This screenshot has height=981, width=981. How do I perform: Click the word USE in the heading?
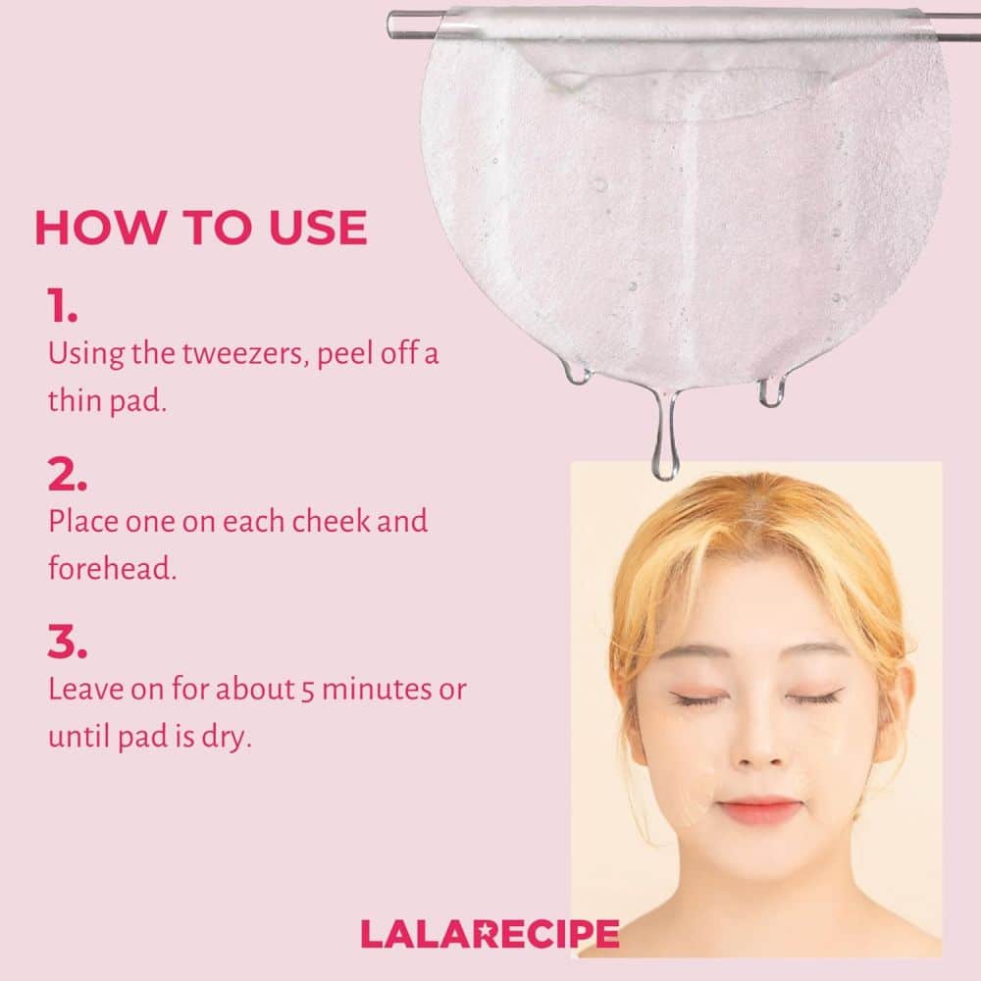coord(318,228)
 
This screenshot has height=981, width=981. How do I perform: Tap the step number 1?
coord(62,305)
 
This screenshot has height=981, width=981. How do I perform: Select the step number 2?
coord(67,474)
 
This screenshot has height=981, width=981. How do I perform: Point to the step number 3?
coord(67,642)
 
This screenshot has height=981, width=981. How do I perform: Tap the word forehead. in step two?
coord(113,568)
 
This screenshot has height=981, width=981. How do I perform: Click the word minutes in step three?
coord(376,689)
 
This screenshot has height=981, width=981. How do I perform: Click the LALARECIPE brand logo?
coord(490,934)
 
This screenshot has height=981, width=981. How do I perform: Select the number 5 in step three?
coord(307,691)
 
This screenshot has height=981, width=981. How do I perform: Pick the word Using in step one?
coord(86,355)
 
